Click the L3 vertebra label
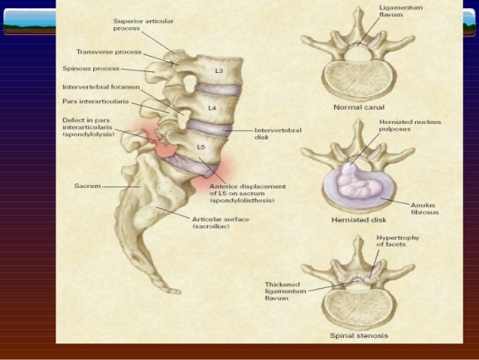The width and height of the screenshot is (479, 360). pyautogui.click(x=218, y=71)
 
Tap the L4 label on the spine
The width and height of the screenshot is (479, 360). pyautogui.click(x=212, y=108)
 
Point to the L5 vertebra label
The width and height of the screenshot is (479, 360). pyautogui.click(x=201, y=147)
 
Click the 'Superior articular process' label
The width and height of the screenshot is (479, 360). pyautogui.click(x=143, y=24)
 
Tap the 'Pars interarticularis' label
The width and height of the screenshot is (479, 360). pyautogui.click(x=95, y=100)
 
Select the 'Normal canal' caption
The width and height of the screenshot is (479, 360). pyautogui.click(x=358, y=108)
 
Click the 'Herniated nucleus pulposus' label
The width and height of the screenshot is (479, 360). pyautogui.click(x=409, y=126)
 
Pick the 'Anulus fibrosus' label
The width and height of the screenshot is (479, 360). pyautogui.click(x=424, y=208)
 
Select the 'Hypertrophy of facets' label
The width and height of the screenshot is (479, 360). pyautogui.click(x=397, y=241)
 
